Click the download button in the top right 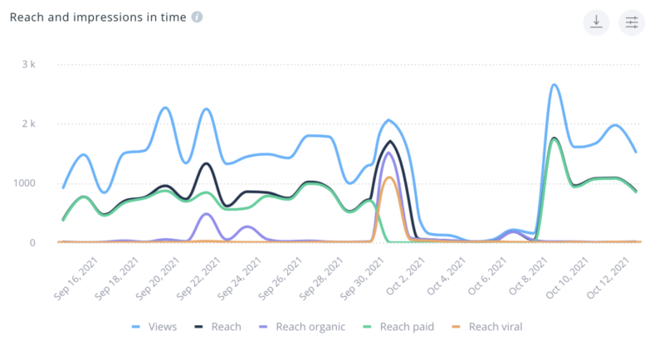click(x=596, y=22)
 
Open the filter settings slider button click(x=632, y=22)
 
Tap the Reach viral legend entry click(x=488, y=327)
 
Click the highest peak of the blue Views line click(x=554, y=85)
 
